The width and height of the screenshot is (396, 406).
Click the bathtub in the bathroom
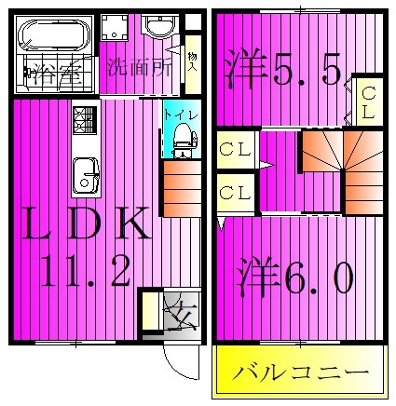coord(50,38)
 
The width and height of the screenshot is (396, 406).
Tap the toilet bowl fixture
coord(182,139)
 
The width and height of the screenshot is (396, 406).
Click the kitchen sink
coord(85,173)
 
